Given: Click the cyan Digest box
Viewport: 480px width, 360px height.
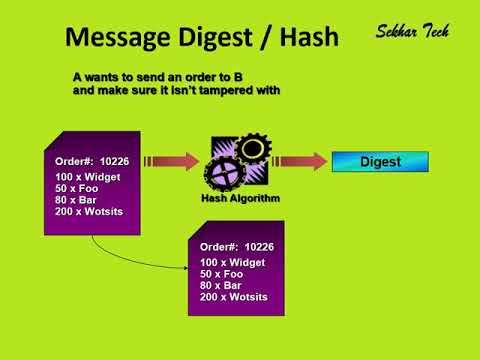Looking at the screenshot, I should coord(380,161).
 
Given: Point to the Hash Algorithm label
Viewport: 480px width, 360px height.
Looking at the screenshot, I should coord(240,198).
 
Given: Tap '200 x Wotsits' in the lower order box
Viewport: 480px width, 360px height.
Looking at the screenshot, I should coord(234,298).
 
